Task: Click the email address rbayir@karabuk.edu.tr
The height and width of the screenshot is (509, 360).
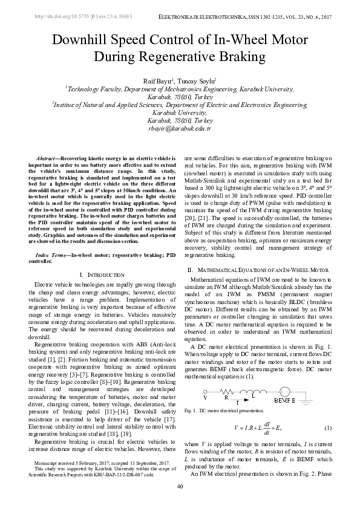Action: click(179, 128)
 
